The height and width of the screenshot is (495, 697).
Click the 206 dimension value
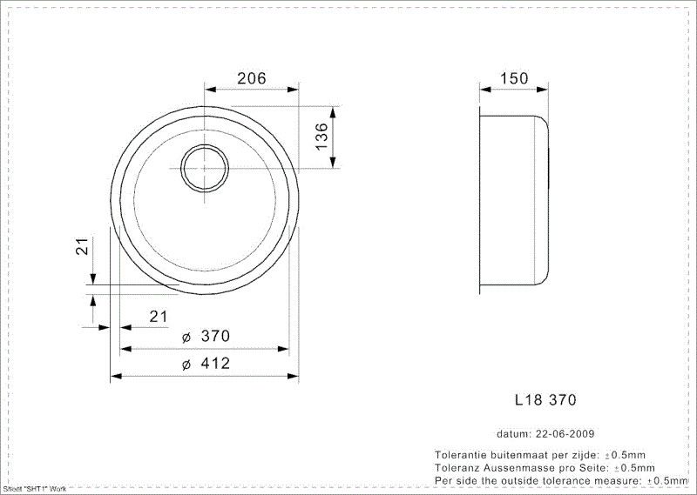[x=251, y=78]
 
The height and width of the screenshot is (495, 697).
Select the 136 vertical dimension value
[x=321, y=137]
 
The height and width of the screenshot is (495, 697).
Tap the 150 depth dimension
[x=514, y=78]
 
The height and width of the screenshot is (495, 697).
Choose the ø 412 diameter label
[x=206, y=364]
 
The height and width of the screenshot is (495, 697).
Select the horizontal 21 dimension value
[x=158, y=317]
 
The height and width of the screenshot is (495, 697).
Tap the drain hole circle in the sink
[x=205, y=166]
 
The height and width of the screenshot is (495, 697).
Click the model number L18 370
[x=545, y=401]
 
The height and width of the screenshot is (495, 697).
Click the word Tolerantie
[x=462, y=455]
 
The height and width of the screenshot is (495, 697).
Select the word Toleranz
[x=458, y=467]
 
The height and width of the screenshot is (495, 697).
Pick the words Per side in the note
[x=456, y=479]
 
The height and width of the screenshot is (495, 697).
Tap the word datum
[x=513, y=433]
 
